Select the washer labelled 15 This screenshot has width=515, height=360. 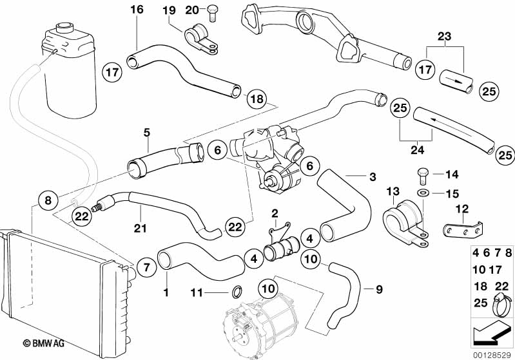(x=422, y=193)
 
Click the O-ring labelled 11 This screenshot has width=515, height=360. (x=237, y=292)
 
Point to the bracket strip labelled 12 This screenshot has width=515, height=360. (x=463, y=230)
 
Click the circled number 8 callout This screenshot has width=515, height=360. (x=48, y=200)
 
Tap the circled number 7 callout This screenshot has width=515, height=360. (x=146, y=267)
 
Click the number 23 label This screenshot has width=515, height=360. (x=444, y=36)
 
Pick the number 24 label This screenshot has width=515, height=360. (x=417, y=149)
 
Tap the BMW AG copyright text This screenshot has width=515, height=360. (x=43, y=343)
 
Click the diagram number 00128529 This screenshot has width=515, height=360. (x=492, y=355)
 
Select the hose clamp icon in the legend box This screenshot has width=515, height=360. (x=501, y=305)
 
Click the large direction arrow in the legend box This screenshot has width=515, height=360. (x=490, y=334)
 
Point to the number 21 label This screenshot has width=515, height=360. (x=140, y=227)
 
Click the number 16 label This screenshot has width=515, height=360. (x=137, y=10)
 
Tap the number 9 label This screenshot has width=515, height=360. (x=379, y=289)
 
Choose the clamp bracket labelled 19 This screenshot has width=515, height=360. (x=201, y=39)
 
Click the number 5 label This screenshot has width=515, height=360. (x=146, y=133)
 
